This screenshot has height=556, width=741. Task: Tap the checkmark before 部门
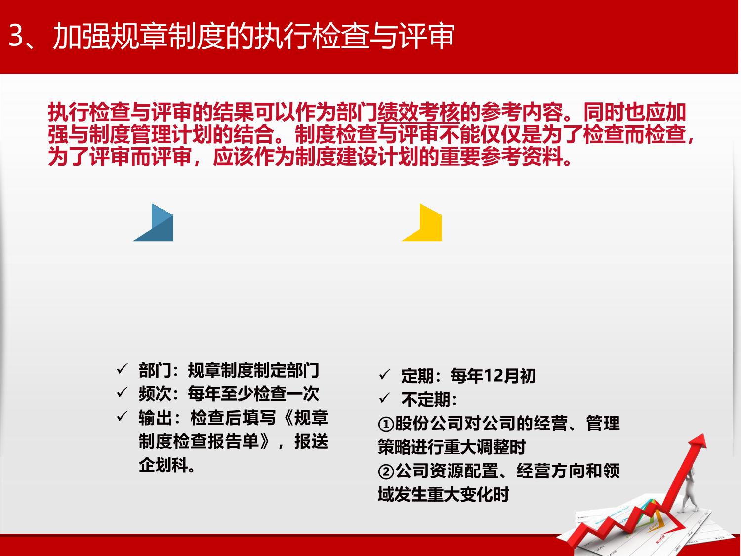point(122,369)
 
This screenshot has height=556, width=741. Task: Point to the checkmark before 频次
point(122,392)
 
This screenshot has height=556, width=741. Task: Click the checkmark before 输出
point(122,416)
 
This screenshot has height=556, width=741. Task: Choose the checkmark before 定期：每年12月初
point(384,374)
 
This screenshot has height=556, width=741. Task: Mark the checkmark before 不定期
point(384,398)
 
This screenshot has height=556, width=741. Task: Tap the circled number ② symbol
point(386,471)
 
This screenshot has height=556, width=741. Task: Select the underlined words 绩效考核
point(418,112)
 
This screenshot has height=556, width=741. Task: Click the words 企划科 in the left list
point(163,465)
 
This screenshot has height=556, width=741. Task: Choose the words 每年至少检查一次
point(253,394)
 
